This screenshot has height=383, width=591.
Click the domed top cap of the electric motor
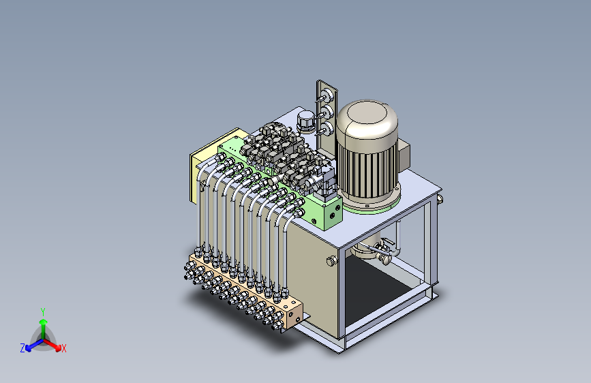click(367, 121)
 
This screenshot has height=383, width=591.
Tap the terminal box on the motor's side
click(404, 154)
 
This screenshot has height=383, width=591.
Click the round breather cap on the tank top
click(305, 121)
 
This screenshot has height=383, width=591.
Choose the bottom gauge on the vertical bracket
click(326, 129)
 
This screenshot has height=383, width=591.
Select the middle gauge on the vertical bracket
click(327, 112)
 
